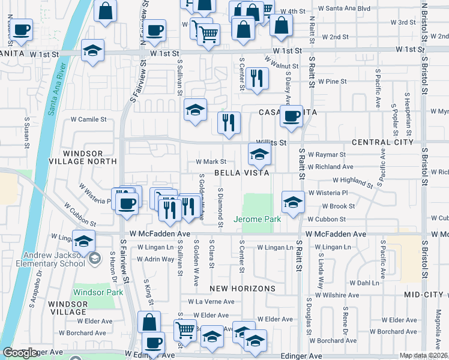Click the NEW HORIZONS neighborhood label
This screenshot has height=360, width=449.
pyautogui.click(x=243, y=289)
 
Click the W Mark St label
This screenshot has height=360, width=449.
pyautogui.click(x=210, y=161)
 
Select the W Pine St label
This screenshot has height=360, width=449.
pyautogui.click(x=333, y=81)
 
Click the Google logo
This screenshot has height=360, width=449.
pyautogui.click(x=20, y=353)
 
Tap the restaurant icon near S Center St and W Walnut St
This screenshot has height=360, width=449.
pyautogui.click(x=257, y=77)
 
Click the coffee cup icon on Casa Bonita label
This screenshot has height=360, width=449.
pyautogui.click(x=292, y=116)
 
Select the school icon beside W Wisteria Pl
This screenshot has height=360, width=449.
pyautogui.click(x=292, y=202)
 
